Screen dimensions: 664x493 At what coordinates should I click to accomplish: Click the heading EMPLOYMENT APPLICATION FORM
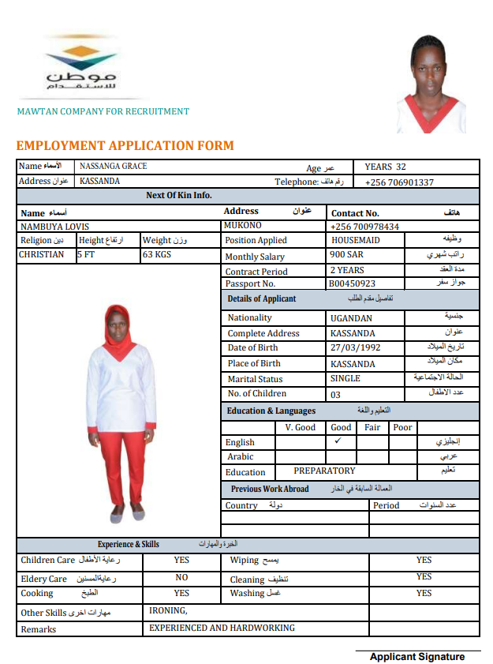click(x=125, y=146)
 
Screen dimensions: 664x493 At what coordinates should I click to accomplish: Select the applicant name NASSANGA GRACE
click(x=114, y=167)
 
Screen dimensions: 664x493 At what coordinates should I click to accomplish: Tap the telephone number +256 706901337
click(x=399, y=182)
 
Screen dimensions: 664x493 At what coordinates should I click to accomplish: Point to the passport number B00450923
click(x=353, y=283)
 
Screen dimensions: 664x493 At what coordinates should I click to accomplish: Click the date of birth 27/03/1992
click(x=356, y=347)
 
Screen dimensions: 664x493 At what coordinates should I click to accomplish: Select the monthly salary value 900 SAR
click(x=347, y=255)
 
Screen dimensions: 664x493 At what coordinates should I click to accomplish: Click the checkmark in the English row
click(x=338, y=441)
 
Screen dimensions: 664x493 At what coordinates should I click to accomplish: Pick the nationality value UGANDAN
click(x=351, y=318)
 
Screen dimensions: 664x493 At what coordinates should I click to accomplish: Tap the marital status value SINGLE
click(x=345, y=378)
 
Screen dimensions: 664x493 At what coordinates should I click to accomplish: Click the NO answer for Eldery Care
click(x=181, y=578)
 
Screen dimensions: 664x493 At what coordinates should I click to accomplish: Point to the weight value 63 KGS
click(x=157, y=255)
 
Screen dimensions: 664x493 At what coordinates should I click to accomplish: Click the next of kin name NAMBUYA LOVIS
click(x=54, y=227)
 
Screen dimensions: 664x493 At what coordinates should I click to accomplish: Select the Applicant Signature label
click(x=416, y=656)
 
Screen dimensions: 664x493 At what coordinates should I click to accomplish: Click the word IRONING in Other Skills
click(x=168, y=610)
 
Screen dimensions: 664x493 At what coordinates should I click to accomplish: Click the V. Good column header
click(x=300, y=427)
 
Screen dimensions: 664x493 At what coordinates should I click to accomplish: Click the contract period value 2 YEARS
click(x=348, y=270)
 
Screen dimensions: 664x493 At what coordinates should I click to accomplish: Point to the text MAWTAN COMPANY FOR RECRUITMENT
click(x=103, y=111)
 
